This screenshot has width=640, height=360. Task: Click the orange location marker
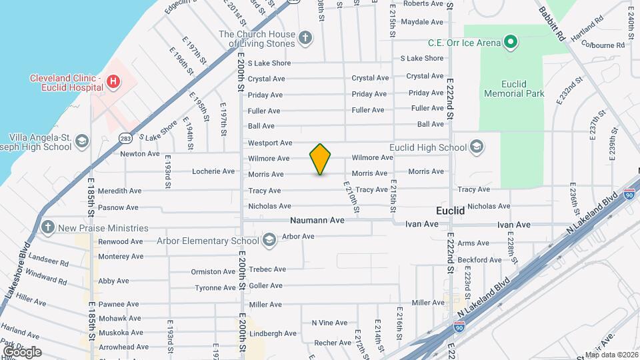coord(321,159)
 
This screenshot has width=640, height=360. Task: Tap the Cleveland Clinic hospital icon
coord(114,81)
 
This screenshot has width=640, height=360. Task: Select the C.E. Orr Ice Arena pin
coord(511,43)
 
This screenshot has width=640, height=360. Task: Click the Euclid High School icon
coord(477,147)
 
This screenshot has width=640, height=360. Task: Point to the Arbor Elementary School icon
coord(269,240)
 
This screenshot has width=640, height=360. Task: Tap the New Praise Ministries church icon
coord(47,227)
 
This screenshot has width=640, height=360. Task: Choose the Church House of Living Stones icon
coord(305,37)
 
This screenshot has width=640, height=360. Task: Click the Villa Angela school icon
coord(81,141)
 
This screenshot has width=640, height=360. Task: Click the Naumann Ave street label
coord(317,219)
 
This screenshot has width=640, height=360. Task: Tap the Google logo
coord(22,351)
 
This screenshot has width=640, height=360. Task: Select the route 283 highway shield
coord(125,138)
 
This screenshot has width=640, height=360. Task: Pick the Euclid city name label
coord(450,210)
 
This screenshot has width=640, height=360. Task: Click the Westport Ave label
coord(270,143)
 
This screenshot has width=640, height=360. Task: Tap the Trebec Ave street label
coord(267,269)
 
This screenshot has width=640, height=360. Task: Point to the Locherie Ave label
coord(213,171)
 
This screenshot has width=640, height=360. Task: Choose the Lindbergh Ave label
coord(273,333)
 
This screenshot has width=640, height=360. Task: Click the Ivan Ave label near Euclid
coord(422,224)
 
